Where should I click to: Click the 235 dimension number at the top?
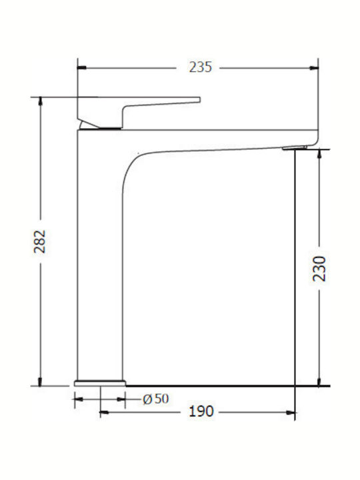[x=201, y=67]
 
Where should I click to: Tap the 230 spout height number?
[x=321, y=267]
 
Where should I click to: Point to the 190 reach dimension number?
[x=201, y=411]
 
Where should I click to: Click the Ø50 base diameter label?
[x=156, y=399]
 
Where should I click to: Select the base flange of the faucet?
[x=100, y=383]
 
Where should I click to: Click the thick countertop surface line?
[x=227, y=385]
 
